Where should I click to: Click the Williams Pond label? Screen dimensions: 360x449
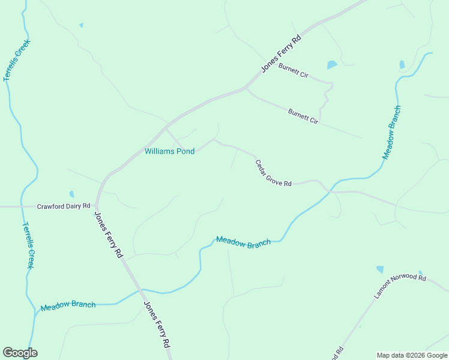pos(169,151)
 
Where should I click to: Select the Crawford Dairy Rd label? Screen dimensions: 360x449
pos(63,206)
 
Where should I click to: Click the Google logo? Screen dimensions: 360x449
pos(20,353)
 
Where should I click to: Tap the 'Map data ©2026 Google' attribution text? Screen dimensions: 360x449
pos(412,355)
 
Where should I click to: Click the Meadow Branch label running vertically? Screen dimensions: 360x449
pos(391,133)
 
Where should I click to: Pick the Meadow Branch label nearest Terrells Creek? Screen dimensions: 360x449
pos(68,305)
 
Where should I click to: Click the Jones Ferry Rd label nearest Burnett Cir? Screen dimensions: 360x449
pos(280,54)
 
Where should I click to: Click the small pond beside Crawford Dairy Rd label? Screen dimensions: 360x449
pos(71,194)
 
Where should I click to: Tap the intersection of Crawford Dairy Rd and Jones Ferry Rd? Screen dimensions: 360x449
pos(97,206)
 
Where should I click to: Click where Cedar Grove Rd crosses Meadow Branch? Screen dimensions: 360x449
pos(328,190)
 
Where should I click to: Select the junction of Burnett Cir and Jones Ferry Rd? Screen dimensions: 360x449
pos(245,89)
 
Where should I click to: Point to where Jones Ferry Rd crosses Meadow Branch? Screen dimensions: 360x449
pos(140,290)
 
